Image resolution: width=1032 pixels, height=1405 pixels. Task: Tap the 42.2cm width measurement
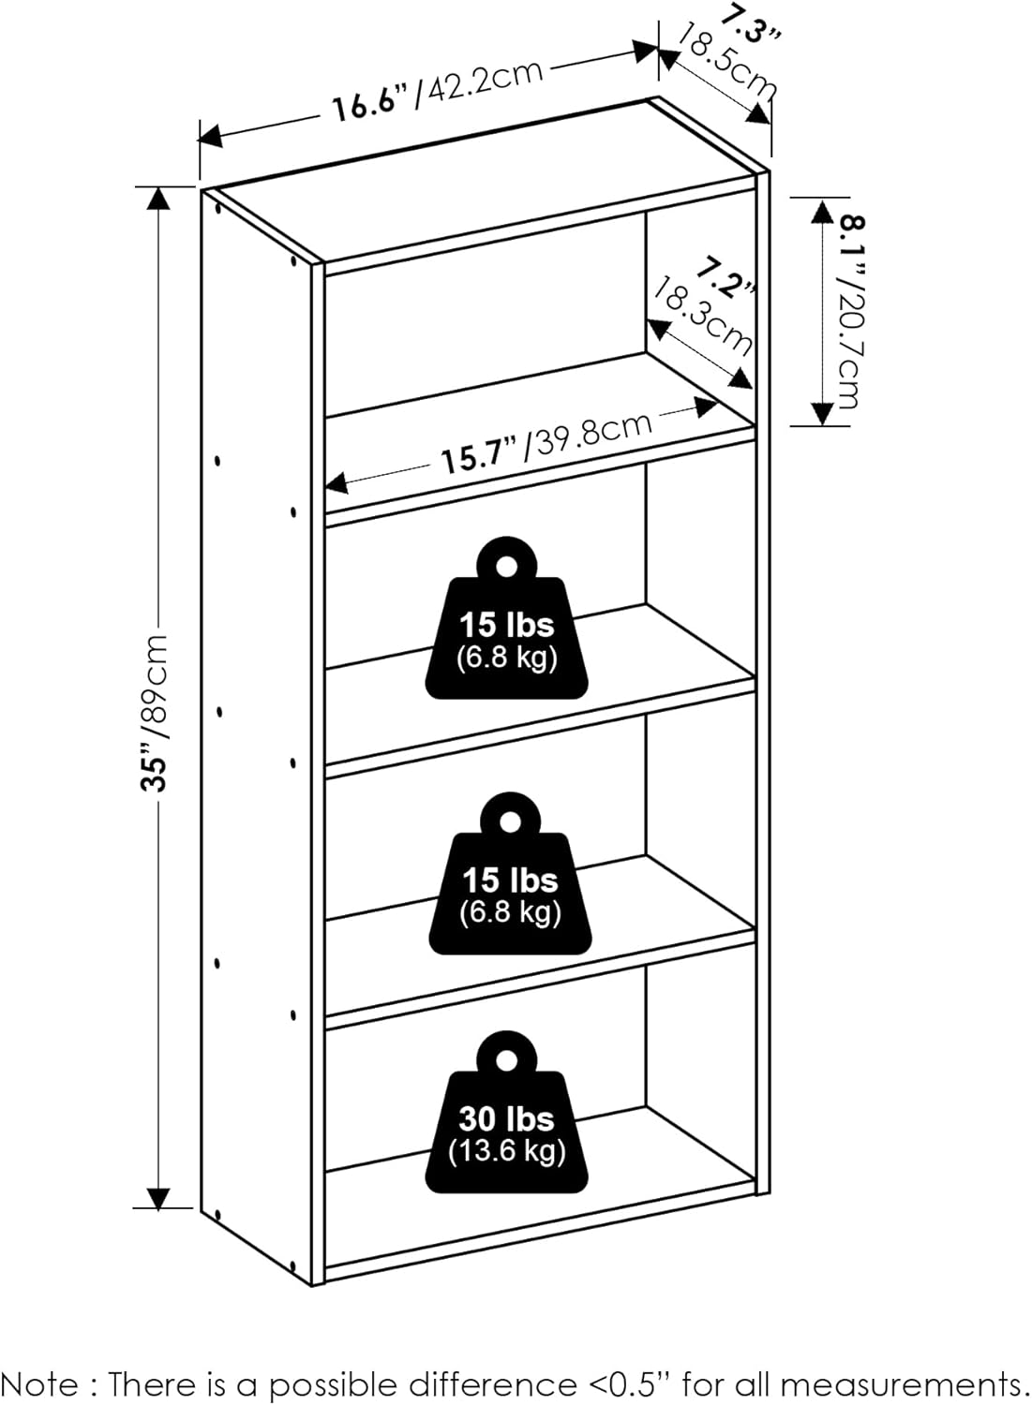point(484,81)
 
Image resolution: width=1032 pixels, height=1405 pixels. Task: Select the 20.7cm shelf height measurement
point(846,341)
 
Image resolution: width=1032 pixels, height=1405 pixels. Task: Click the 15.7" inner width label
point(480,456)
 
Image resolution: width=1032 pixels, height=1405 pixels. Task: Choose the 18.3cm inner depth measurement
point(702,315)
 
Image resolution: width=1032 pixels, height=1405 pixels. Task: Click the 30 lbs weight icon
point(507,1115)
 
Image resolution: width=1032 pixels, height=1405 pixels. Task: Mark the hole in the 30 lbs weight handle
point(507,1059)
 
